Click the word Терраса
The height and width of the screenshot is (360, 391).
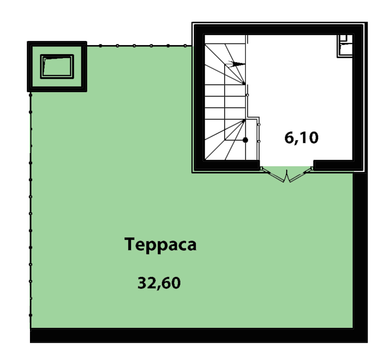point(160,245)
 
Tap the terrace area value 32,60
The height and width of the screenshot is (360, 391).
point(159,283)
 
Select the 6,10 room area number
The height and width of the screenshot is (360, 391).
point(301,138)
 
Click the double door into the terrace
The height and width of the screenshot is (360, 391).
point(286,174)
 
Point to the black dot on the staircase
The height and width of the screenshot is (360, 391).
point(245,140)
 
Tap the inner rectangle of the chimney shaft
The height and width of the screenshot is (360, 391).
point(57,66)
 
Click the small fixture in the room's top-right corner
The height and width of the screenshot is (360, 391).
point(345,46)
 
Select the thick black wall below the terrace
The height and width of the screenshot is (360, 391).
point(199,335)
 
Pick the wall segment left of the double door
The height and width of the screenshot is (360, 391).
point(227,165)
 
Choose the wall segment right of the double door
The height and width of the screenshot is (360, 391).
point(338,165)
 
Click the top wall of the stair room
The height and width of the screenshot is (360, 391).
point(279,30)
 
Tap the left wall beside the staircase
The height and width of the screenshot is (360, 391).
point(199,98)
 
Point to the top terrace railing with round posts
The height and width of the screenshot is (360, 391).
point(139,46)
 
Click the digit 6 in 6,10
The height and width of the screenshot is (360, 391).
point(289,138)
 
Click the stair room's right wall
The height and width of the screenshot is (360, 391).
point(358,98)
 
